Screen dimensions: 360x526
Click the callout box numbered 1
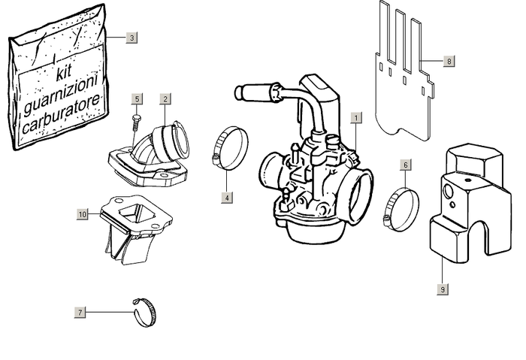[355, 117]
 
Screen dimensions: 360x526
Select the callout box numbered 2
[165, 98]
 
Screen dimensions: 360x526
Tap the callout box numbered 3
[131, 37]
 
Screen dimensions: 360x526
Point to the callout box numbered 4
[226, 198]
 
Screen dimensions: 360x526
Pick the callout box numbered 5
[137, 98]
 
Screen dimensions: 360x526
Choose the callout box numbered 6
[406, 164]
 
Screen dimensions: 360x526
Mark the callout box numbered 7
[80, 311]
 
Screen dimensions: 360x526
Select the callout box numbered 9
[443, 288]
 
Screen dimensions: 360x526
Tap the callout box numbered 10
[82, 214]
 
